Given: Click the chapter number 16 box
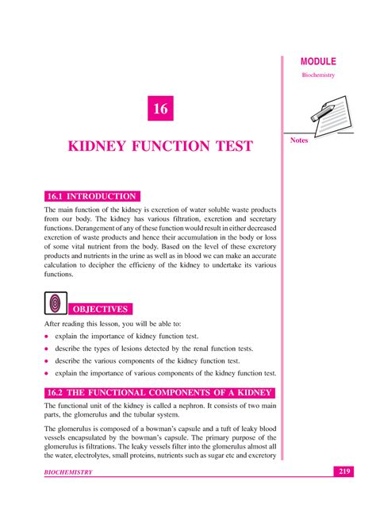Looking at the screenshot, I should (x=161, y=109).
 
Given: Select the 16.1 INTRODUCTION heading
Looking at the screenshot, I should (x=93, y=196).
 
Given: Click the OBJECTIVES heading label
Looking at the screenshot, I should (x=100, y=309).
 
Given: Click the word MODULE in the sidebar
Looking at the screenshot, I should (x=317, y=61).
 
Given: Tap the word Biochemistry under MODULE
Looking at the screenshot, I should (x=318, y=75).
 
